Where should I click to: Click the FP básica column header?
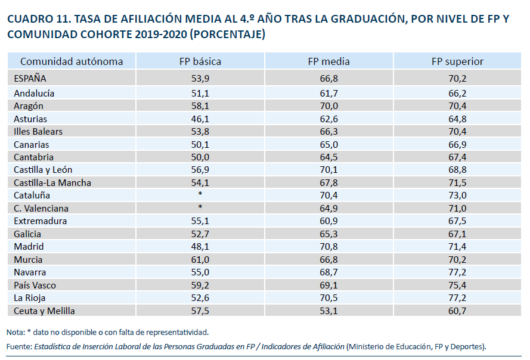[x=200, y=61]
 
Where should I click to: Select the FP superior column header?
[x=457, y=61]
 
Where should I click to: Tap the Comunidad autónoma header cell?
[x=72, y=61]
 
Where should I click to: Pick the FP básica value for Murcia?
[x=200, y=259]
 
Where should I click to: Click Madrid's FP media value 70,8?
[x=328, y=246]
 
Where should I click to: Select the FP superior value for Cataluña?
[x=457, y=195]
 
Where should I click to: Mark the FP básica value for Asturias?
[x=200, y=119]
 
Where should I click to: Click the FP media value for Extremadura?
[x=328, y=221]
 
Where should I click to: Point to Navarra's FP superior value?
[x=457, y=272]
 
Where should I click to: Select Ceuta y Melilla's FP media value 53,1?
[x=328, y=311]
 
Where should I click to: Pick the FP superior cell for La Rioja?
[x=457, y=297]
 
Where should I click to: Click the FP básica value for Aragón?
[x=200, y=105]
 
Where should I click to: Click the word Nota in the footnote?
[x=14, y=332]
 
